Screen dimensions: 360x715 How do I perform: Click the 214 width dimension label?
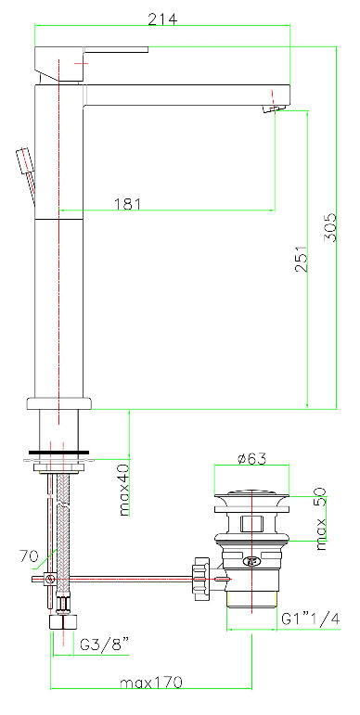(162, 19)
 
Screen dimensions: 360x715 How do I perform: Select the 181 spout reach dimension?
(127, 203)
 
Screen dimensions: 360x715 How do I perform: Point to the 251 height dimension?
(301, 259)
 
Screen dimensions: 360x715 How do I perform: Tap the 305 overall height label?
(329, 227)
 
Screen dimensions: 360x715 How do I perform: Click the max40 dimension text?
(124, 489)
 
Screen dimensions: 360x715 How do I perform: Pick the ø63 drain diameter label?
(251, 458)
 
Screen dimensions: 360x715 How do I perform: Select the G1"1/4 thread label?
(310, 619)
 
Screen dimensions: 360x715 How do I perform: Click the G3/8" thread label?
(105, 645)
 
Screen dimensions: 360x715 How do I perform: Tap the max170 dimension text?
(151, 683)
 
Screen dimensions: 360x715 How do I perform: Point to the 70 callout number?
(29, 555)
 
